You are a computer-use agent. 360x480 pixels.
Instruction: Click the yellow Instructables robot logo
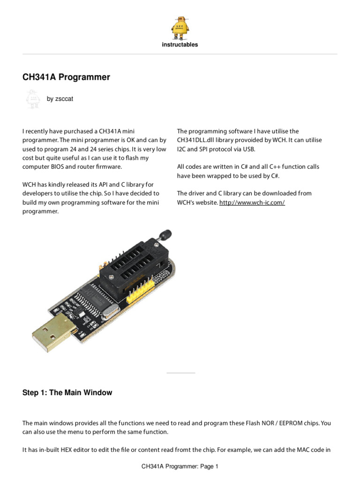[180, 28]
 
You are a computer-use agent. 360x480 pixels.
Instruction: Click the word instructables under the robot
[180, 45]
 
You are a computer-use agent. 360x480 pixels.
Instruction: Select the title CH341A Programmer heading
[66, 77]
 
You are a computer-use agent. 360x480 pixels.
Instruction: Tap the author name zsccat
[64, 98]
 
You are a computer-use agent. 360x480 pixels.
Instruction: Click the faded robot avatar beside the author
[33, 99]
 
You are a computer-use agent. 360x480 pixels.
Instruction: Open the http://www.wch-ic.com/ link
[252, 202]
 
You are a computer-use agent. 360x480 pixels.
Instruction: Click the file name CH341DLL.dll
[195, 140]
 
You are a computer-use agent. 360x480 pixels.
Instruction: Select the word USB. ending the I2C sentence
[249, 149]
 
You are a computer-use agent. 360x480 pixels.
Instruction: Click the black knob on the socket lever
[165, 235]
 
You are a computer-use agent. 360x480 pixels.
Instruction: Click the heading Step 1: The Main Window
[67, 392]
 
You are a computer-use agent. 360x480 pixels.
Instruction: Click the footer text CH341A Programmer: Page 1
[180, 466]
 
